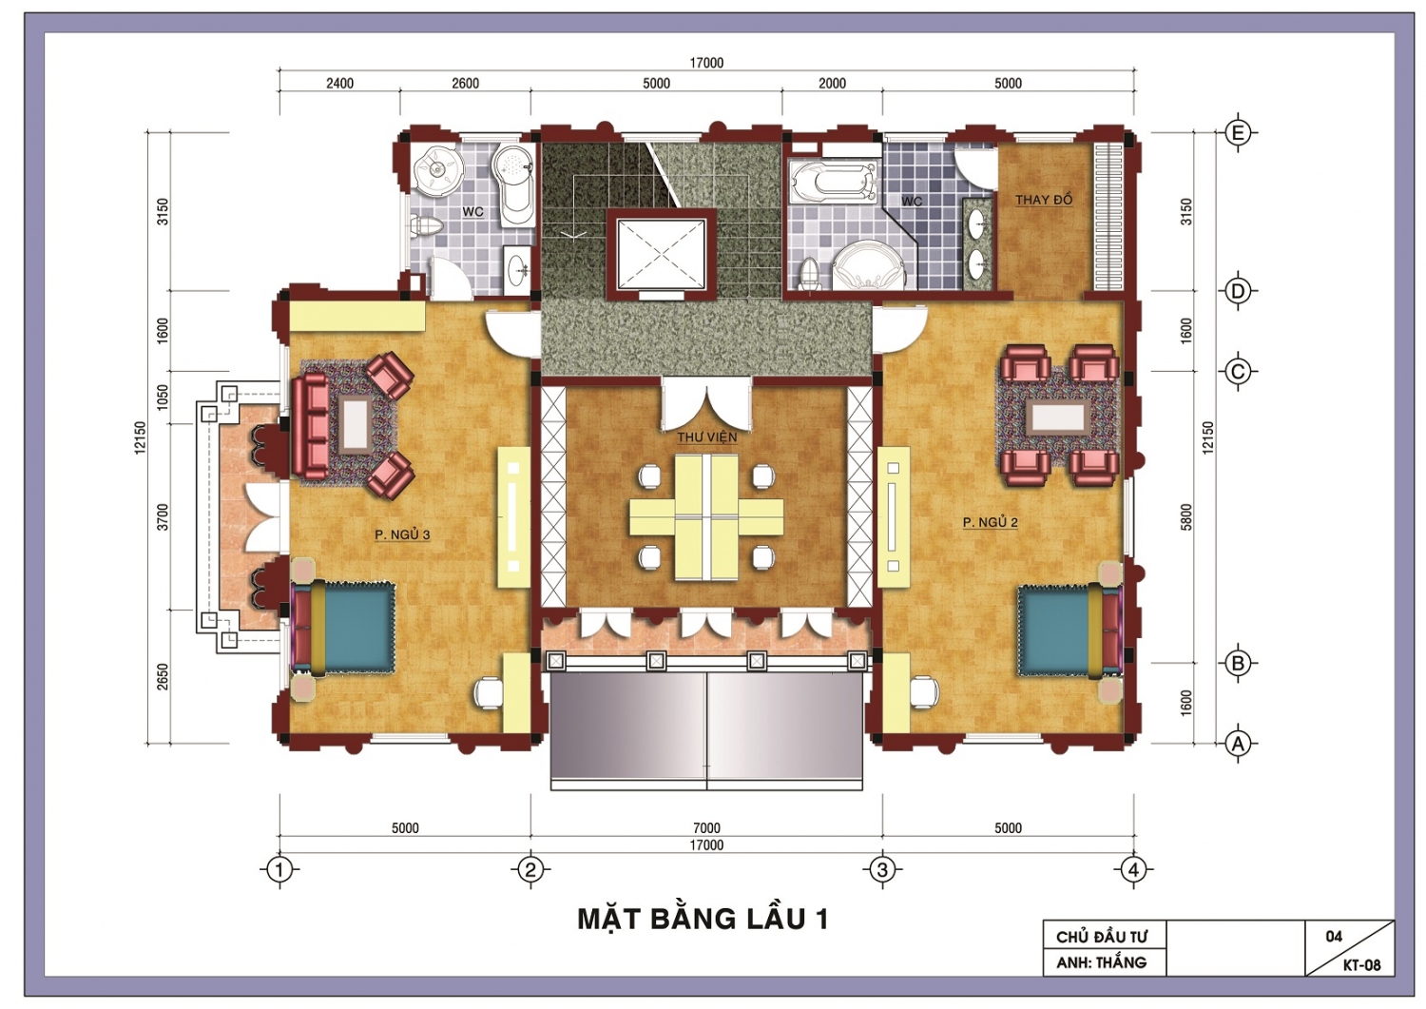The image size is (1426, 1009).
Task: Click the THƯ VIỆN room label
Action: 706,437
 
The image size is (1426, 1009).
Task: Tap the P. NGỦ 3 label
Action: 402,534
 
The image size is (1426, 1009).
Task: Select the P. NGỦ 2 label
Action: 990,522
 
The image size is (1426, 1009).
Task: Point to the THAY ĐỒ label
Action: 1044,200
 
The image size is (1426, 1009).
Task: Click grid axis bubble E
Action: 1238,133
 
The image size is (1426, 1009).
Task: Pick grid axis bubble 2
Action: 530,869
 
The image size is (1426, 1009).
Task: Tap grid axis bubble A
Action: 1238,743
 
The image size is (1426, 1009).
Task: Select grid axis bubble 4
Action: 1133,869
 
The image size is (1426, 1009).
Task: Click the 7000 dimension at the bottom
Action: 706,828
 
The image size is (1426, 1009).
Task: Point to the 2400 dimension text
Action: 340,84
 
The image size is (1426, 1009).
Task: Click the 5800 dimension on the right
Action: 1185,516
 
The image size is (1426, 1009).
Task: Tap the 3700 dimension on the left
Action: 163,516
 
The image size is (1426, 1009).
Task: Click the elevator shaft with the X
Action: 662,254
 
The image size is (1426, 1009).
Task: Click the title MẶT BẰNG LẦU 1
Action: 703,919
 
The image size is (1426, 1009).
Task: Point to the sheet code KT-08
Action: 1361,965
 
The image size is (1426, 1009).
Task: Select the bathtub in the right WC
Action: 833,180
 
